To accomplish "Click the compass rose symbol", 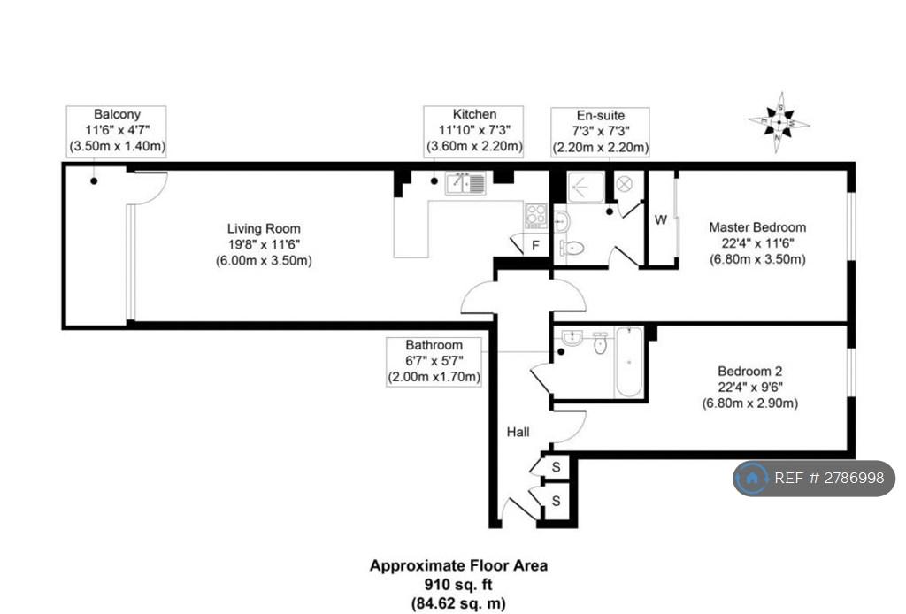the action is [x=779, y=122].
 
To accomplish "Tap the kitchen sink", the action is [x=465, y=183].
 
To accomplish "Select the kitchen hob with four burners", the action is [x=535, y=216].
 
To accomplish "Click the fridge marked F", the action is [x=535, y=245].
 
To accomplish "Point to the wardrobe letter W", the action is [x=661, y=219].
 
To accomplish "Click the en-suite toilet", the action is [x=572, y=249].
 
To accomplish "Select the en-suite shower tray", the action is [x=586, y=187].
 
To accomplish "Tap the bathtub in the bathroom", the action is [x=629, y=362].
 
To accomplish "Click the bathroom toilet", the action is [x=601, y=342].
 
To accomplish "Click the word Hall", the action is [x=518, y=432].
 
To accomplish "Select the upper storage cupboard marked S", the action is [x=556, y=467].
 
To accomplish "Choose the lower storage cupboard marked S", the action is [x=556, y=500].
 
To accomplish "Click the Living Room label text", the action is [x=264, y=229].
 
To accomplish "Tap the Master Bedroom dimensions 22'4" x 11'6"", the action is [x=757, y=243].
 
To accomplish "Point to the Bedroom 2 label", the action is [x=750, y=371].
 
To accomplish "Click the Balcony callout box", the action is [x=116, y=131].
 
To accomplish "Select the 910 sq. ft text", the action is [x=458, y=585].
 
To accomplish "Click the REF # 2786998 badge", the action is [x=814, y=479].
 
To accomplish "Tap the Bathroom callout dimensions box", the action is [x=434, y=362].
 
